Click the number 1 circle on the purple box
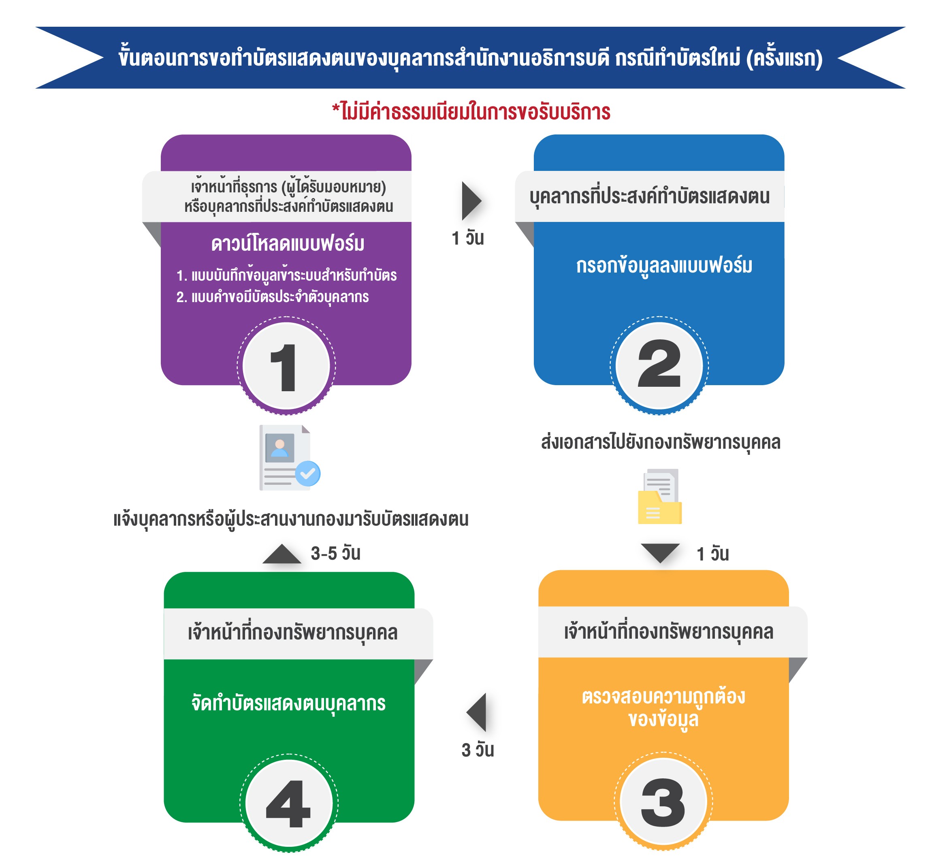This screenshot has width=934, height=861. (x=286, y=366)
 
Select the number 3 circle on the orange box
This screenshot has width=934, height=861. (x=663, y=801)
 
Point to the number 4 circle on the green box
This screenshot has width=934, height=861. (x=289, y=803)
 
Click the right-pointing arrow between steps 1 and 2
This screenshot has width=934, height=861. (x=471, y=201)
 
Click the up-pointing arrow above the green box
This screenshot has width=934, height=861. (x=282, y=554)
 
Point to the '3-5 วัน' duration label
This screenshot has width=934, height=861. (x=335, y=554)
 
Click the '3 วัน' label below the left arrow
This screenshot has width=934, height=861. (x=478, y=750)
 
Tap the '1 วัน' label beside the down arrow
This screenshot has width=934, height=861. (x=713, y=554)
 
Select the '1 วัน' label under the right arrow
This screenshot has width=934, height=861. (x=468, y=238)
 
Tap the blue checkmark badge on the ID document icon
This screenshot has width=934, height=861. (x=307, y=473)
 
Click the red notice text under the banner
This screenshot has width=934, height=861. (x=471, y=112)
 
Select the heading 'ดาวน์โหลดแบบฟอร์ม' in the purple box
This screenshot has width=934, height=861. (x=288, y=244)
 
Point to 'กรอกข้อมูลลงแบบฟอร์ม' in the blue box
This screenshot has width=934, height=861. (x=664, y=266)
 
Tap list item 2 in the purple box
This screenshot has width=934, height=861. (x=273, y=297)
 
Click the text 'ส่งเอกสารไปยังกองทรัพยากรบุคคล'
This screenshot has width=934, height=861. (x=661, y=442)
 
